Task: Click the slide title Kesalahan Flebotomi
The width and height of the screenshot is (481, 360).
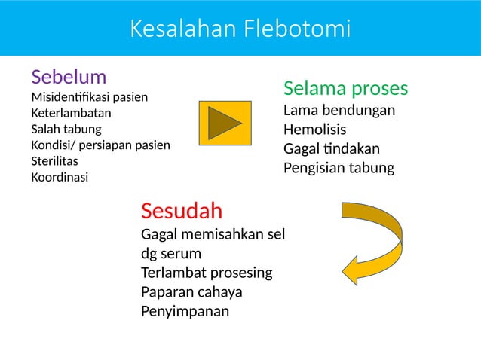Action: point(240,29)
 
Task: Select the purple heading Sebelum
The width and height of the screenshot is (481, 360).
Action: point(68,77)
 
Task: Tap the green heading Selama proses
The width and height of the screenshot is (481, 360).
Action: point(345,89)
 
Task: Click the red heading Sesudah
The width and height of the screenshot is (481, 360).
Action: point(181,208)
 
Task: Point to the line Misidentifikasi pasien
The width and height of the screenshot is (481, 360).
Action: point(89,97)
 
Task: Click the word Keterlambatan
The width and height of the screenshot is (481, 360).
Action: point(69,113)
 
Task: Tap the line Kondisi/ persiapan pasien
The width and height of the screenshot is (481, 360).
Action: point(100,145)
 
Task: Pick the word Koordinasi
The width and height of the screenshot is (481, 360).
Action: point(59,178)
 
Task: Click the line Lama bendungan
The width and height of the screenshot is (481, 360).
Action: point(339,111)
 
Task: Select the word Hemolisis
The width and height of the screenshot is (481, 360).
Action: point(314,129)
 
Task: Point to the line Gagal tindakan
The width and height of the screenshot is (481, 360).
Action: point(331,148)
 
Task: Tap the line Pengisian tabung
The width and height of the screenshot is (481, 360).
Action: point(339,167)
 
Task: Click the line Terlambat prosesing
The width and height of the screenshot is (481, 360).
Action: point(207,272)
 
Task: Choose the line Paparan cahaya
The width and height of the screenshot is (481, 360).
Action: point(191,291)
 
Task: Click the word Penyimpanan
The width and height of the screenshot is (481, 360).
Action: point(185,310)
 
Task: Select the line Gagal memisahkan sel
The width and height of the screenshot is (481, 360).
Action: point(213,233)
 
